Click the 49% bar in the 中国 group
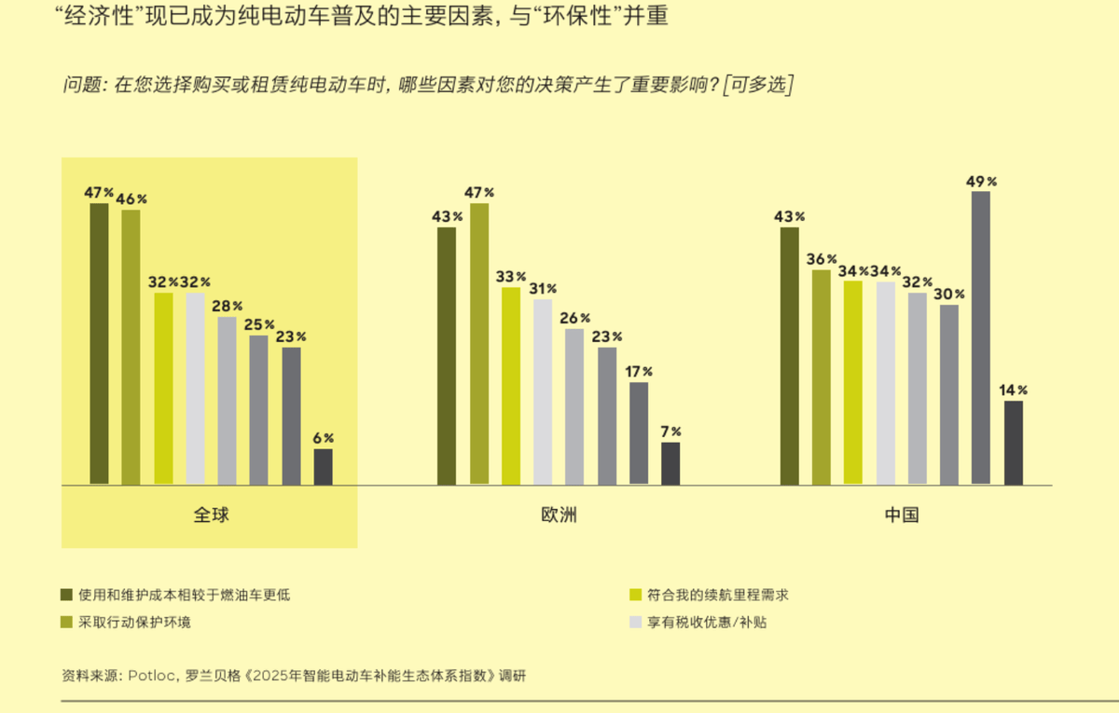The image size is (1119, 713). point(980,337)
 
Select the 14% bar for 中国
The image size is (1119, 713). point(1013,443)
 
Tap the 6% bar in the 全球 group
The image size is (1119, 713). point(323,467)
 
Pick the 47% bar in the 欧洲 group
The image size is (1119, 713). point(479,344)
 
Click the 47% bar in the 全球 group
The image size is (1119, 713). point(99,344)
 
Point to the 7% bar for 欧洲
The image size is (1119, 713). point(670,463)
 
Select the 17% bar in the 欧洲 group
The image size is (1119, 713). point(639,433)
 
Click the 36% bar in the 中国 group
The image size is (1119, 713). point(821,377)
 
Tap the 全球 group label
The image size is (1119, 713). point(211,514)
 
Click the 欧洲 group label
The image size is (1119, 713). point(559,514)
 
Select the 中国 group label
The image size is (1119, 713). point(902,514)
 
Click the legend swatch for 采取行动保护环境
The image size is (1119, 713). point(66,622)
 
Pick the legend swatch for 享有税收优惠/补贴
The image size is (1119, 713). point(636,622)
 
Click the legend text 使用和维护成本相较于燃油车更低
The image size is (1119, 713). point(185,595)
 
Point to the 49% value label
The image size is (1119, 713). point(981,182)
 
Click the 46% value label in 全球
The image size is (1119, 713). point(131,199)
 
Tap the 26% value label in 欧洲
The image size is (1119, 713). point(574,318)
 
